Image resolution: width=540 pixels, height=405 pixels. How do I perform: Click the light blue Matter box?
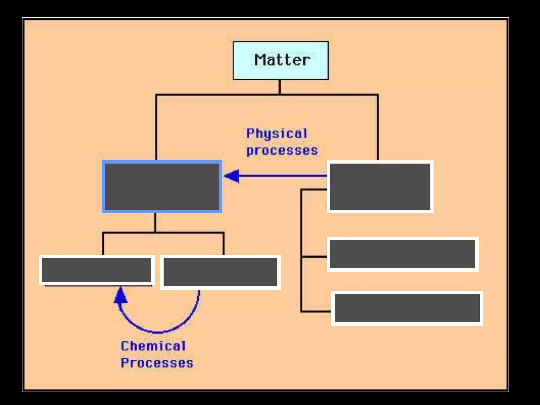point(281,60)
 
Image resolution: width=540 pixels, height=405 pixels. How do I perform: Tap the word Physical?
point(277,133)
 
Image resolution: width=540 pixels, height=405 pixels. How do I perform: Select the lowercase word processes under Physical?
point(282,151)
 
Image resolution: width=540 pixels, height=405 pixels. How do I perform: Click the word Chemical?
point(153,346)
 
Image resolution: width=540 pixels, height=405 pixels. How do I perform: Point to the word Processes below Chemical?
point(157,363)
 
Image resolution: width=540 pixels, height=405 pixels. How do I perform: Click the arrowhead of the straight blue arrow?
point(232,176)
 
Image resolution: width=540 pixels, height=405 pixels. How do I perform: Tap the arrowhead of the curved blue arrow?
point(120,296)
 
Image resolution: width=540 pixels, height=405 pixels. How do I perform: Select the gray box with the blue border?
point(162,187)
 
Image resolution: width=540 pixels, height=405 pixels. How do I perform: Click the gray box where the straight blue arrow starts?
point(380,187)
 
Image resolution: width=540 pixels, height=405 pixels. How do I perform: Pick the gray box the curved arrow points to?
point(97,270)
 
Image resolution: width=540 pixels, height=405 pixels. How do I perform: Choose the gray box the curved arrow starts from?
point(220,272)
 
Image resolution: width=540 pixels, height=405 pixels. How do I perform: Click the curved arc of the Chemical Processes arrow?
point(158,331)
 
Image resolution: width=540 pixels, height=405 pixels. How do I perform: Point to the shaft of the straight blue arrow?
point(282,176)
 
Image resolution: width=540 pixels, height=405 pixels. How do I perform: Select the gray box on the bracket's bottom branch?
point(407,308)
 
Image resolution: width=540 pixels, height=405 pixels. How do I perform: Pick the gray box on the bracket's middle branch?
point(402,254)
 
